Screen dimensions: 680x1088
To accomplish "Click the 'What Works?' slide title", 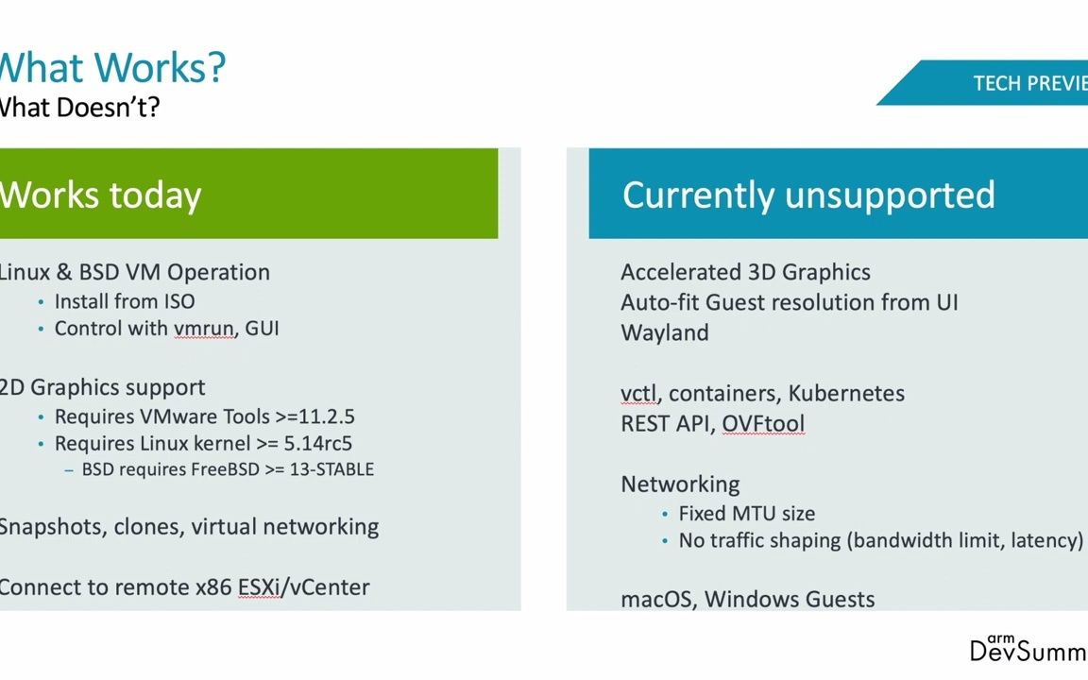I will click(111, 67).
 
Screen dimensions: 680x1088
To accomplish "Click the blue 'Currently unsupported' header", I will click(808, 195).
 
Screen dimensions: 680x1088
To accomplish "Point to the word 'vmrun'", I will click(203, 329).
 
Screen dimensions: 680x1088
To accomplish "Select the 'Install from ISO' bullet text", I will click(125, 301).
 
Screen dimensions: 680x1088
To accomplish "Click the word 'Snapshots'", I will click(51, 526).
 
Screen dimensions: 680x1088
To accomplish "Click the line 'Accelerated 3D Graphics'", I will click(745, 272).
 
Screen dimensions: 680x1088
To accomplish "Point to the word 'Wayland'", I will click(665, 332).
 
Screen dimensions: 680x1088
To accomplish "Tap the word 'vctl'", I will click(638, 393).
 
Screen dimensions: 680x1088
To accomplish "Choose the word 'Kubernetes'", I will click(846, 393).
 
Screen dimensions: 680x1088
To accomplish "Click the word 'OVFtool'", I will click(763, 424).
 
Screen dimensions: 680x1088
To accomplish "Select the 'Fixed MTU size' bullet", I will click(746, 513).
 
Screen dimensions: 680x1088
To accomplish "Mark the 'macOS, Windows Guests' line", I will click(747, 599).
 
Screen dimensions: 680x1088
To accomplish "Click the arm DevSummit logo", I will click(1028, 648).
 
